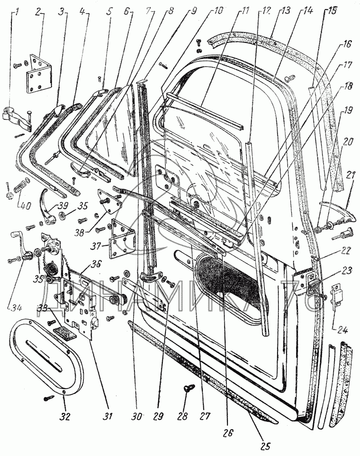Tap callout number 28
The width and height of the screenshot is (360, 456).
pos(185,416)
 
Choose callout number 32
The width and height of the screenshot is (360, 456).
pos(64,416)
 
